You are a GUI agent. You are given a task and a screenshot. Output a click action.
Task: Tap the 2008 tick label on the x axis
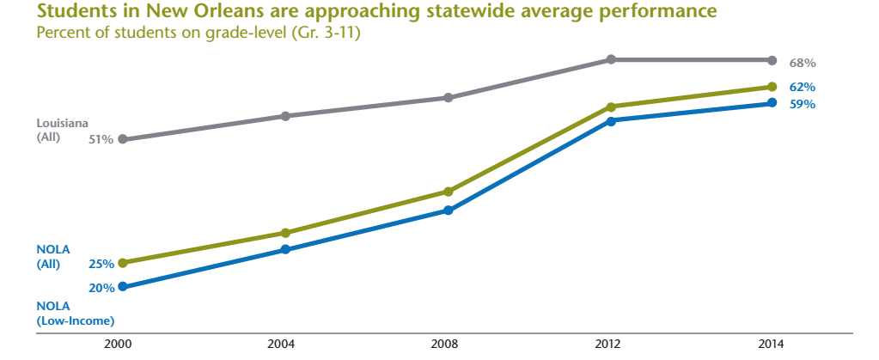[448, 345]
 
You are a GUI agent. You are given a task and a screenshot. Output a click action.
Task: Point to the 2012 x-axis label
[608, 345]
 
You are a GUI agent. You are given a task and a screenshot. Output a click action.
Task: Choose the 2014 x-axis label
[771, 345]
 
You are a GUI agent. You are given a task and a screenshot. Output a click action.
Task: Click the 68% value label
[803, 64]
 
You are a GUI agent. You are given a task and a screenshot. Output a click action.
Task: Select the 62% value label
[803, 88]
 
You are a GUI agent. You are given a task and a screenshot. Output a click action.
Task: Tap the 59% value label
[803, 105]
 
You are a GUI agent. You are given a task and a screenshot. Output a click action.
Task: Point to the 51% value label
[101, 139]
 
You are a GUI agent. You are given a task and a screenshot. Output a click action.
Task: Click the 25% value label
[101, 264]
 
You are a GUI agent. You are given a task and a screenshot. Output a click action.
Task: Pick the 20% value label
[101, 288]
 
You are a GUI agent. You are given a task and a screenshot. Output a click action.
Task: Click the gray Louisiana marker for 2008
[448, 98]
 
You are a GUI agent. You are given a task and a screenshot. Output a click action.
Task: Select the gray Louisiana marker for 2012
[611, 59]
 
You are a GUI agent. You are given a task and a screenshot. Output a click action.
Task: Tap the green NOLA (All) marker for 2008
[448, 192]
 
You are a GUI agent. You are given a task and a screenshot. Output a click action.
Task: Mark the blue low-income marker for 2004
[285, 250]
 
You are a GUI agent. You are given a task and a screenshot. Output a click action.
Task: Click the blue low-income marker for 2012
[611, 121]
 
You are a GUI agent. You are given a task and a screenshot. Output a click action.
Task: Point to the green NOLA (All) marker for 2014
[772, 87]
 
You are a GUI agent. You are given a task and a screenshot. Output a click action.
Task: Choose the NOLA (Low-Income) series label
[76, 313]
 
